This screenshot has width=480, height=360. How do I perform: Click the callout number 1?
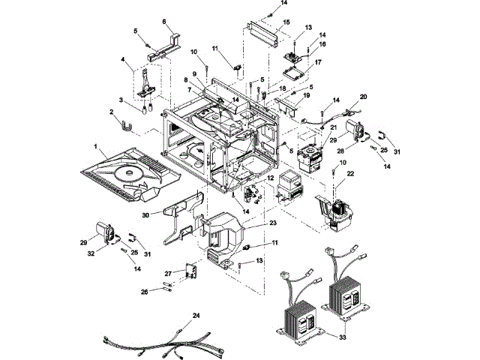95,147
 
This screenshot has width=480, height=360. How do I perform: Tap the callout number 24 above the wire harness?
196,315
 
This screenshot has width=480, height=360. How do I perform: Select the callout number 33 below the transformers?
343,337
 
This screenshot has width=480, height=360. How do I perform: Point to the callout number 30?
145,215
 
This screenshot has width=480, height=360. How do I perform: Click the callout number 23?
272,223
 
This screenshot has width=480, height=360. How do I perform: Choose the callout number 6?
164,22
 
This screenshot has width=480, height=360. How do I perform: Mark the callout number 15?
286,22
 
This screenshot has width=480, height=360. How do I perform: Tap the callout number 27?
168,272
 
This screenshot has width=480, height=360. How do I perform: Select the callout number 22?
350,173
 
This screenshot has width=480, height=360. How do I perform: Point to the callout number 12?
270,178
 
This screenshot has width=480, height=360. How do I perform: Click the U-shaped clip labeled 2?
125,127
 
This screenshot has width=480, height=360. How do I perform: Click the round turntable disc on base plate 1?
129,174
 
